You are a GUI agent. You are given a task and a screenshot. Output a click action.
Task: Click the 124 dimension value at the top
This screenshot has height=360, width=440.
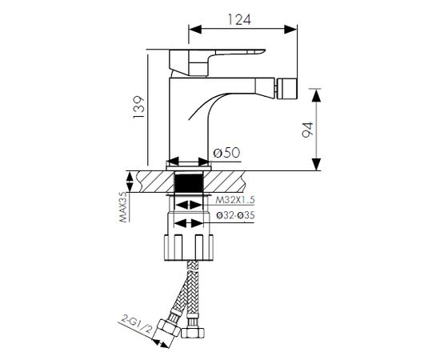239,19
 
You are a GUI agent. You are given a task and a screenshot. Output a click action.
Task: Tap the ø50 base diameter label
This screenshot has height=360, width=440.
226,153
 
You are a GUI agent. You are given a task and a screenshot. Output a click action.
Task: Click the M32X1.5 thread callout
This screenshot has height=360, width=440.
235,200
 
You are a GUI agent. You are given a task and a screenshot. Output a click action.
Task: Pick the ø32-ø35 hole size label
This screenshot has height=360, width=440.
236,215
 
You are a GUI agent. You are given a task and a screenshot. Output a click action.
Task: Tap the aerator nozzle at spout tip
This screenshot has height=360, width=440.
286,89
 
